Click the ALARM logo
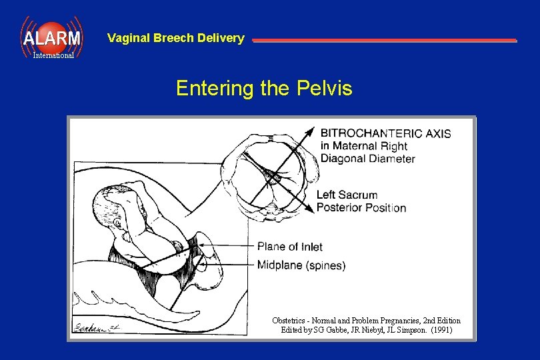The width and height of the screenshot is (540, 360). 51,37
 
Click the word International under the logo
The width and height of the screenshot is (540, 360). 54,55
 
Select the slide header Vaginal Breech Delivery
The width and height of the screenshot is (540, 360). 175,38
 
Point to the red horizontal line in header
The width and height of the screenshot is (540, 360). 384,41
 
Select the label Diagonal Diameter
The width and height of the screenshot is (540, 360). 367,159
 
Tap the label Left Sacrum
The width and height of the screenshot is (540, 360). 347,195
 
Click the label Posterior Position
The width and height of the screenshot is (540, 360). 361,207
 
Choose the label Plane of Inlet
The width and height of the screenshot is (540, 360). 289,247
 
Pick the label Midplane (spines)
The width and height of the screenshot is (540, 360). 301,265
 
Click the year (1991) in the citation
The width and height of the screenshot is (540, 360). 441,330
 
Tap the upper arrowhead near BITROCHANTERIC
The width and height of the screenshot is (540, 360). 311,131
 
